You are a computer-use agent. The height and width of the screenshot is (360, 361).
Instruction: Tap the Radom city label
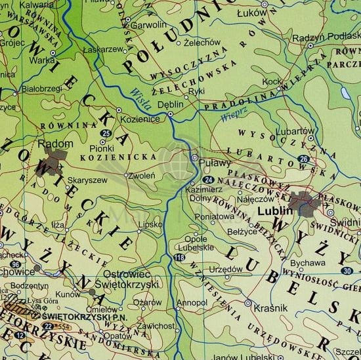coord(52,143)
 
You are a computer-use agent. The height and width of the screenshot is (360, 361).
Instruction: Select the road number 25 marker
coord(106,134)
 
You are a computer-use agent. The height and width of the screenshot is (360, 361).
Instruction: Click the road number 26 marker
coord(303,159)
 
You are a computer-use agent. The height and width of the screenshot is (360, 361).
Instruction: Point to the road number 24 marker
coord(208,180)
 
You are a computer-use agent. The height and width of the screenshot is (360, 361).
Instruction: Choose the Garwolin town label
coord(148,25)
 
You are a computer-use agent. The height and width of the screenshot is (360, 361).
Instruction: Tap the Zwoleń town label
coord(142,175)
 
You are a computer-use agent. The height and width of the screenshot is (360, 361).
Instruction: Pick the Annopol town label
coord(194,303)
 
